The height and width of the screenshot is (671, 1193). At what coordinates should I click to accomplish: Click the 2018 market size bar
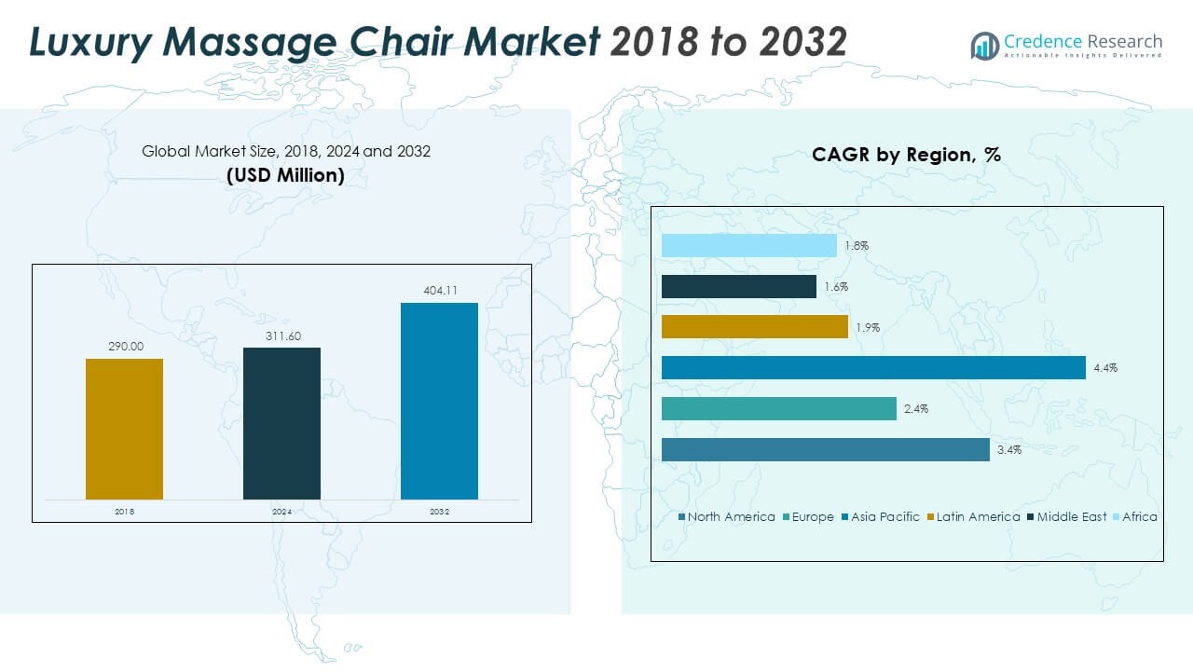tap(124, 429)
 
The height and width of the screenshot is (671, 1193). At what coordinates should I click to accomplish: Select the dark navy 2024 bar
tap(281, 423)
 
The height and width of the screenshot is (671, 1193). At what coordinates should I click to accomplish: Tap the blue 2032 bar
tap(439, 401)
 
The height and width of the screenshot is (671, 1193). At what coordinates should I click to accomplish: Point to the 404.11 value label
tap(439, 291)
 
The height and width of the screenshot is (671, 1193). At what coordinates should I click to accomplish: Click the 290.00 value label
tap(124, 346)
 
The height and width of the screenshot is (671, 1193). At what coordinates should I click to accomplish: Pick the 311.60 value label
tap(281, 335)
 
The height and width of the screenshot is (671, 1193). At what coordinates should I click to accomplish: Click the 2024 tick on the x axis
tap(281, 512)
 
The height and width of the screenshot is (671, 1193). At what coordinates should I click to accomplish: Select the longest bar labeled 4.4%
tap(873, 368)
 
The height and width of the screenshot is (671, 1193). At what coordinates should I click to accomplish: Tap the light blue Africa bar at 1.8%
tap(748, 246)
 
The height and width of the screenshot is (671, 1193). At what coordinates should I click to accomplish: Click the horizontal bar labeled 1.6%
tap(738, 287)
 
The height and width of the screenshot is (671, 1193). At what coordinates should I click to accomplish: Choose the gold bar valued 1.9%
tap(754, 327)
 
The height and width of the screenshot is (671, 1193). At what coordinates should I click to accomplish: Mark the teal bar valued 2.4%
tap(778, 409)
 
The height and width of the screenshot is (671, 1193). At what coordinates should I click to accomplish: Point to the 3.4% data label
tap(1008, 450)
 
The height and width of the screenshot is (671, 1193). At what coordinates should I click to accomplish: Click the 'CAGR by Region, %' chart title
tap(906, 155)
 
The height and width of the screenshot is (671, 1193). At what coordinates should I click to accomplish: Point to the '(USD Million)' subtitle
tap(285, 175)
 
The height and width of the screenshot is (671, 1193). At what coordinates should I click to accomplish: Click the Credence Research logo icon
tap(984, 44)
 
